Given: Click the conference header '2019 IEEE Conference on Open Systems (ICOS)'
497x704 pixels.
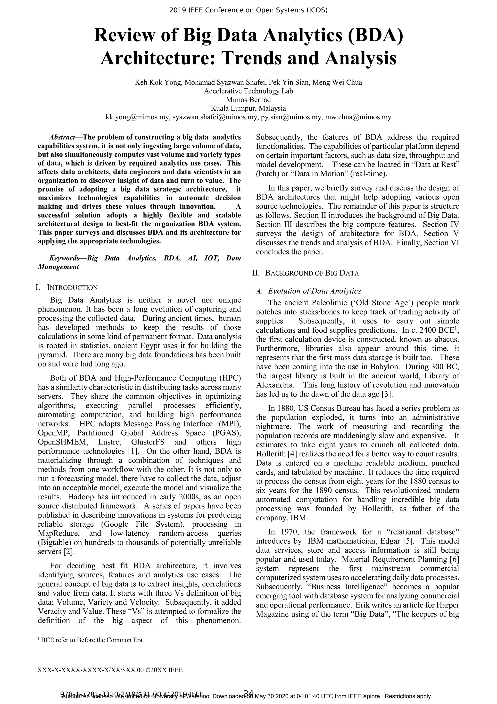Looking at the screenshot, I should (248, 10).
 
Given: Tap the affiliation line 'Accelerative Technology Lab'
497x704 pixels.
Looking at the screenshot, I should (248, 91).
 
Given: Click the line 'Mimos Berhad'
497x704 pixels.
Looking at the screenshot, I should (248, 100).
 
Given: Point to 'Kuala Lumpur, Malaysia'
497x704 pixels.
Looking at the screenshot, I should (248, 108).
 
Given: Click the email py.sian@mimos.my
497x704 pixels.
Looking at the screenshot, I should (291, 117).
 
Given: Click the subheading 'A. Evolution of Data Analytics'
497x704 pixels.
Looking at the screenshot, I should (308, 291).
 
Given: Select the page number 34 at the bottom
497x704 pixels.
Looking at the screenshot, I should (248, 693).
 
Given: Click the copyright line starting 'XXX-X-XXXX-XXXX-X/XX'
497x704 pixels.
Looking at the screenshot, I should (110, 670).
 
